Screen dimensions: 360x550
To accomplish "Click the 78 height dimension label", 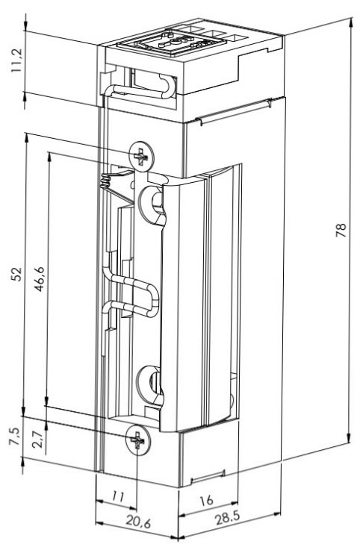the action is [341, 230].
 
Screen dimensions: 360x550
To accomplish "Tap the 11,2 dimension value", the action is [16, 60].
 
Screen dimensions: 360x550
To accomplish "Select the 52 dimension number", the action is [16, 274].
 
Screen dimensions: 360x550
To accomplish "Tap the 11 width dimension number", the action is [118, 496].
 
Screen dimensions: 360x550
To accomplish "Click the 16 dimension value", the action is [206, 500].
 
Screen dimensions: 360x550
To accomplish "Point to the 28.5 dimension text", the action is [227, 518].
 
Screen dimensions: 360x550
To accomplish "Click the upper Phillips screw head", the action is [142, 157].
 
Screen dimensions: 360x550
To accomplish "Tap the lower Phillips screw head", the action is [137, 440].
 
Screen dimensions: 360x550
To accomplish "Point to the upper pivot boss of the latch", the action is [152, 204].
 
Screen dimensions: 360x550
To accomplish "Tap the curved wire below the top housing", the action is [140, 87].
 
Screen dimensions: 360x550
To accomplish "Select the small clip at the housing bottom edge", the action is [207, 476].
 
